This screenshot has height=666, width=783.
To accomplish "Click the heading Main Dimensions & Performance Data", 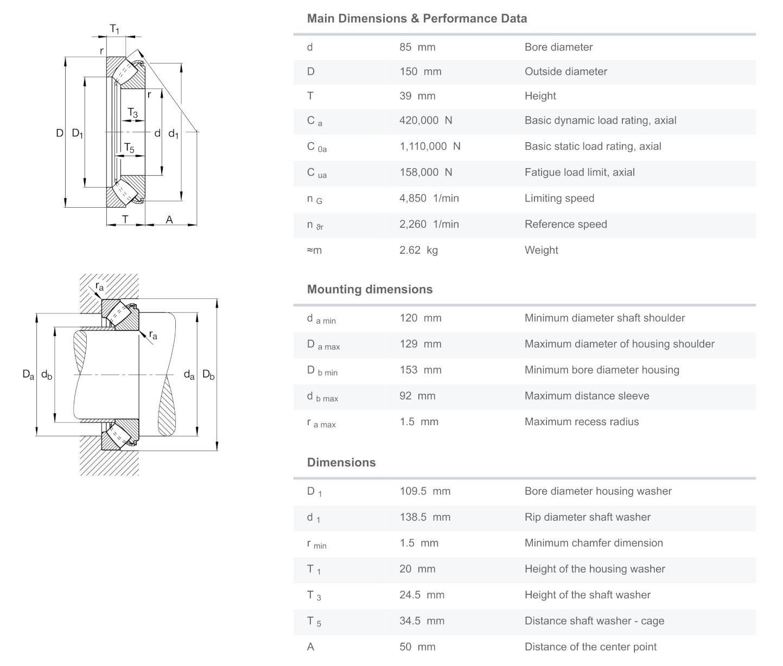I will click(417, 18).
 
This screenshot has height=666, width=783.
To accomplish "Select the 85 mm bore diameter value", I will click(417, 47).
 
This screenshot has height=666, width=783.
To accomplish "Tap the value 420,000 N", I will click(425, 120).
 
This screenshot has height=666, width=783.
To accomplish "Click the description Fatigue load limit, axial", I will click(579, 172).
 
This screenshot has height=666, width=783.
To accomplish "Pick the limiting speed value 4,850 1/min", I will click(429, 198).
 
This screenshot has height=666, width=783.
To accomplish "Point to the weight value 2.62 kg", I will click(418, 251).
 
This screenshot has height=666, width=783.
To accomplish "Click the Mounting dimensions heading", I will click(370, 290).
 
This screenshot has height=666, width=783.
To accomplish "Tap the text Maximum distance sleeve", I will click(587, 396).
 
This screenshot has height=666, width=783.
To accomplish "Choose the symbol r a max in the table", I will click(321, 422).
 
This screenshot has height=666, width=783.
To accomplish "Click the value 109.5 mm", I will click(424, 491).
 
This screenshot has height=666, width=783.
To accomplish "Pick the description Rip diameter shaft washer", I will click(587, 517).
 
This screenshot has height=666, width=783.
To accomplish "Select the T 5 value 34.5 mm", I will click(422, 621).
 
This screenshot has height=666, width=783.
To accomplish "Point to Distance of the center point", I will click(590, 647).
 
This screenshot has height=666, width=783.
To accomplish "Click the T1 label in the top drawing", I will click(114, 29).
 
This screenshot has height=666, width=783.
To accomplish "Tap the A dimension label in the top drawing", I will click(169, 220).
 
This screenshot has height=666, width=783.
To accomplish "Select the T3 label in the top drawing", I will click(133, 113).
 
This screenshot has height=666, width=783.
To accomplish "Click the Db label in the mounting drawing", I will click(208, 374).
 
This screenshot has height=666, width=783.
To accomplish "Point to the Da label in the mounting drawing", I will click(28, 374).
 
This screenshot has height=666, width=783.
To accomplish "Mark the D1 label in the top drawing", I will click(78, 133).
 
